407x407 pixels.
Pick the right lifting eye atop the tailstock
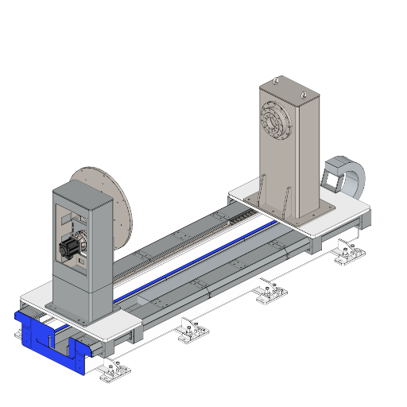pos(303,95)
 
